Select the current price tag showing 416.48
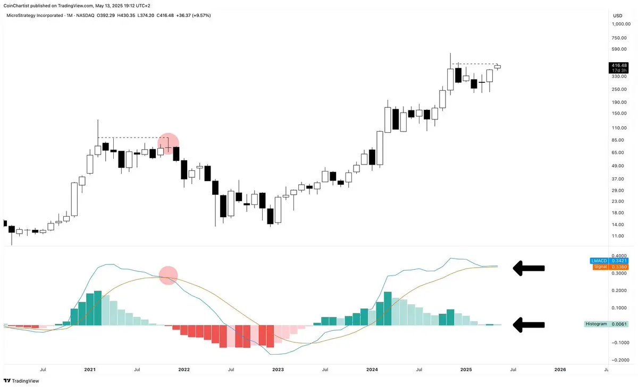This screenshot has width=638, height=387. (x=619, y=65)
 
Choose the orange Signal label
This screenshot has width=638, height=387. (x=599, y=267)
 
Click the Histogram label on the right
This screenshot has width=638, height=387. (x=596, y=324)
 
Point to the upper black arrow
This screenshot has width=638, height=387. (x=528, y=269)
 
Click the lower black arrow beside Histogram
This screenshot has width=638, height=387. (x=528, y=325)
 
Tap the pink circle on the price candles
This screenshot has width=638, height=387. (x=169, y=143)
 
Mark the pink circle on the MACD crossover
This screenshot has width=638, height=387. (x=168, y=276)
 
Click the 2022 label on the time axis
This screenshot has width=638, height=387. (x=183, y=369)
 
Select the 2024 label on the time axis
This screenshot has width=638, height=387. (x=372, y=369)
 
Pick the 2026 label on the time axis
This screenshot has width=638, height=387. (x=560, y=369)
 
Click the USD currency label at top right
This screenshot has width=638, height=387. (x=617, y=15)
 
